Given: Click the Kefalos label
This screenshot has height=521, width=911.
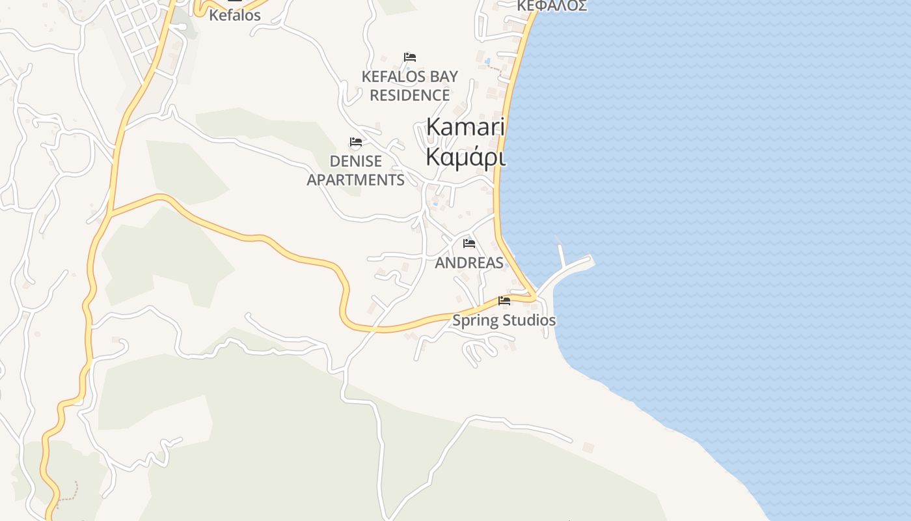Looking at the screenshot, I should coord(234,15).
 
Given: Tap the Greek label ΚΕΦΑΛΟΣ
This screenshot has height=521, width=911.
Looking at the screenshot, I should coord(552,7).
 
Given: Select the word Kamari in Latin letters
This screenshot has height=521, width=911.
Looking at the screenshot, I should coord(465,127).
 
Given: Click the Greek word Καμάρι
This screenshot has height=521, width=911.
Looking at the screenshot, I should coord(465,157).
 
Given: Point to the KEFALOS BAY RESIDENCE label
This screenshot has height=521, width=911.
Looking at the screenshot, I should coord(410,85).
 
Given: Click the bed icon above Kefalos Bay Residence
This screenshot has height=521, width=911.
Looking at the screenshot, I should coord(410,57).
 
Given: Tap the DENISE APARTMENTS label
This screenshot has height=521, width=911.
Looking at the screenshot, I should coord(355,170).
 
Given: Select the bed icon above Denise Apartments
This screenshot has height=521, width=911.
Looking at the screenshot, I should coord(356,142).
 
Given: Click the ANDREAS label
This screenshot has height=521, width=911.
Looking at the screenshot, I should coord(469,262).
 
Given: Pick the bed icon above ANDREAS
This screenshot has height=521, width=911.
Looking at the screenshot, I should coord(469,244).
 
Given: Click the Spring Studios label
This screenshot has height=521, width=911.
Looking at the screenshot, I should coord(504,320).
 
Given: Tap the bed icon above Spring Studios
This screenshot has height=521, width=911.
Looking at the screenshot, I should coord(504,301).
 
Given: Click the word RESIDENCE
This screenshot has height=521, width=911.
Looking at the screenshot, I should coord(410,95).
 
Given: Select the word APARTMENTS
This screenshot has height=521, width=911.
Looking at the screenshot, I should coord(355,180).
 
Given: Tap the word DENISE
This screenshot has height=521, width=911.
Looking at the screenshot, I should coord(355,161).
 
